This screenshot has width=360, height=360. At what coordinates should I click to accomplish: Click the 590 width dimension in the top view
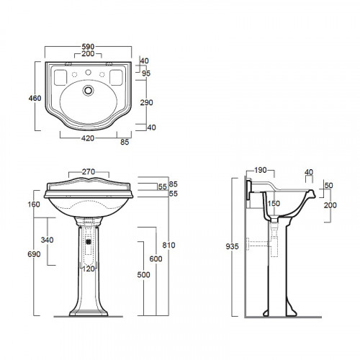pyautogui.click(x=88, y=47)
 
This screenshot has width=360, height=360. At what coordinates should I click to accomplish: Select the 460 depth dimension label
pyautogui.click(x=35, y=98)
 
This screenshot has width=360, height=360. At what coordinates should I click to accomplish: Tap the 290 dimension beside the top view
pyautogui.click(x=146, y=102)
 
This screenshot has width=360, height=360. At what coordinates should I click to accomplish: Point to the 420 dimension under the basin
pyautogui.click(x=88, y=138)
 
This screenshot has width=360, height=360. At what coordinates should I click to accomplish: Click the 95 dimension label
pyautogui.click(x=146, y=73)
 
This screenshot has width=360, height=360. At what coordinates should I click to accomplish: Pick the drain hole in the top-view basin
pyautogui.click(x=89, y=90)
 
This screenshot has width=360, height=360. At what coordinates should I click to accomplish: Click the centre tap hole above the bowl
pyautogui.click(x=89, y=72)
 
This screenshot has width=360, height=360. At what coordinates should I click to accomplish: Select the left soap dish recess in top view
pyautogui.click(x=60, y=77)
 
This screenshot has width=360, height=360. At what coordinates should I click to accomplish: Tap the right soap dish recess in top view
pyautogui.click(x=116, y=77)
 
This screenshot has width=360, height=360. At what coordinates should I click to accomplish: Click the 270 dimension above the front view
pyautogui.click(x=89, y=171)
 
